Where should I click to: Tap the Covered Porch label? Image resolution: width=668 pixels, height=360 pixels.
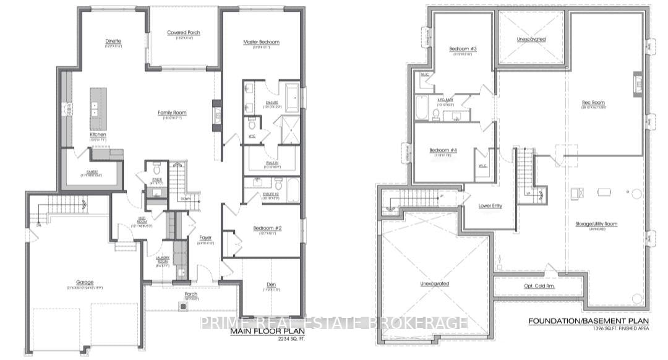click(184, 33)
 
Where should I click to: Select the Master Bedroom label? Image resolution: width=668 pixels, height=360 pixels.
click(261, 41)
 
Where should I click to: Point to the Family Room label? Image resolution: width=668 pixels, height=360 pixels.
click(172, 113)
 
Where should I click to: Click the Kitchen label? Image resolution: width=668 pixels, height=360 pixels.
click(98, 134)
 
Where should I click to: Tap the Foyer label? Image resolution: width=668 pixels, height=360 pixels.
click(205, 237)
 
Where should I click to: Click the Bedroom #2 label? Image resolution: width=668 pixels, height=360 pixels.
click(267, 228)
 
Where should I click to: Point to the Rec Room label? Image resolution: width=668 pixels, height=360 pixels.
click(593, 103)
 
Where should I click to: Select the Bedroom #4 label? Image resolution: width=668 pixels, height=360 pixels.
click(443, 150)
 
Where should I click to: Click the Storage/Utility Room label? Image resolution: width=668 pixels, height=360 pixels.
click(597, 224)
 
